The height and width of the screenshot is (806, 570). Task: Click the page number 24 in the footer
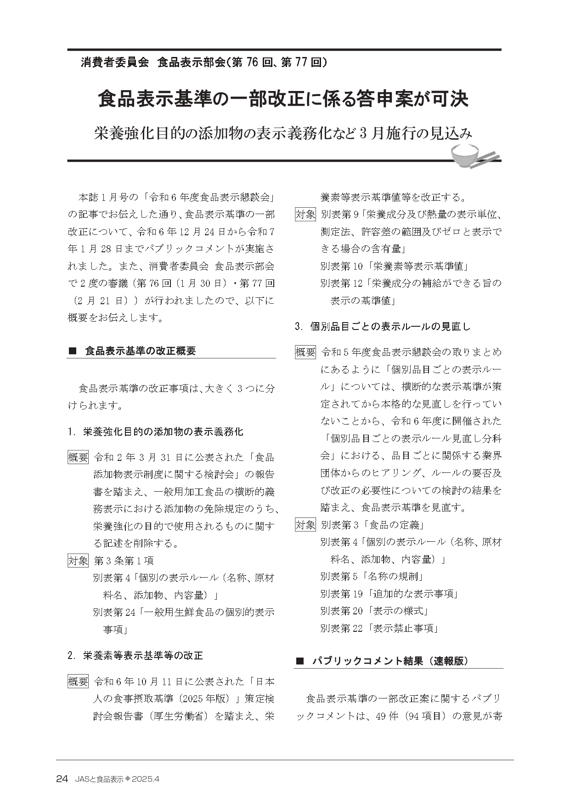pyautogui.click(x=62, y=779)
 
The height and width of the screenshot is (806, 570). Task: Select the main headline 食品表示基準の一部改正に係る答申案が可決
pyautogui.click(x=283, y=100)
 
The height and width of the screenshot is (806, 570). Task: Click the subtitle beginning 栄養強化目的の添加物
pyautogui.click(x=283, y=133)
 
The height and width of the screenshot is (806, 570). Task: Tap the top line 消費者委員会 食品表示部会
pyautogui.click(x=203, y=63)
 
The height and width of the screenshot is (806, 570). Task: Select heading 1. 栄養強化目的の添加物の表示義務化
pyautogui.click(x=155, y=432)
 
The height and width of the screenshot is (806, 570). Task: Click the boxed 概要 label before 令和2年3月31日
pyautogui.click(x=78, y=458)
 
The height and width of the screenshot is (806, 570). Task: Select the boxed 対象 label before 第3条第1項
pyautogui.click(x=78, y=561)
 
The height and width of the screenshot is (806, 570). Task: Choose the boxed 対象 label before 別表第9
pyautogui.click(x=305, y=215)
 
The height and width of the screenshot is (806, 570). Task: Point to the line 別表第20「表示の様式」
pyautogui.click(x=374, y=611)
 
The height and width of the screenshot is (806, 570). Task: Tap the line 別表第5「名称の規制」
pyautogui.click(x=372, y=577)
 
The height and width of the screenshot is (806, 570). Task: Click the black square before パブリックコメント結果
pyautogui.click(x=300, y=661)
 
